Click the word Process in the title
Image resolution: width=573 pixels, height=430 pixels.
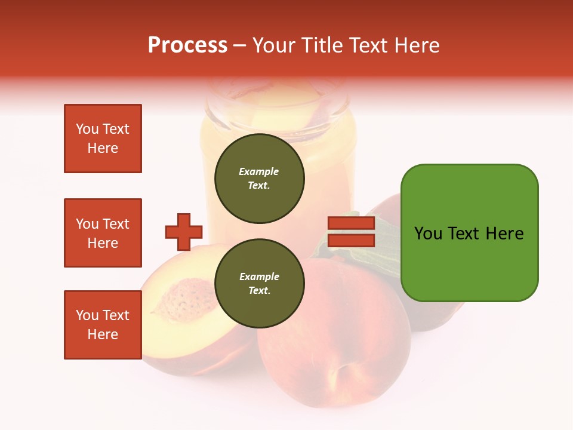187,45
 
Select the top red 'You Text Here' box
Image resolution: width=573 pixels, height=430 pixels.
103,139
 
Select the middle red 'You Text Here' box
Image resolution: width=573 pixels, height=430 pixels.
103,233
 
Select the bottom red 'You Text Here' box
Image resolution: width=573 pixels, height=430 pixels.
103,324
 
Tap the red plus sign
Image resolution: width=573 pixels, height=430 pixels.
184,232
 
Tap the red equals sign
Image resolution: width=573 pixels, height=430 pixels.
351,232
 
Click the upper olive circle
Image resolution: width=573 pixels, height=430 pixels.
259,178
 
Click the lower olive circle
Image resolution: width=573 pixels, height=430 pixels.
259,283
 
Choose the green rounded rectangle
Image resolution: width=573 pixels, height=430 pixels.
469,232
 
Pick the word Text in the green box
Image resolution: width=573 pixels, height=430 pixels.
464,233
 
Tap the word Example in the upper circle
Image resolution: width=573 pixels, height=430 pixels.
258,171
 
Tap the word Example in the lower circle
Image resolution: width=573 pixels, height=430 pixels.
259,277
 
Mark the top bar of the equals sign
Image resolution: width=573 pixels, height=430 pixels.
351,223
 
